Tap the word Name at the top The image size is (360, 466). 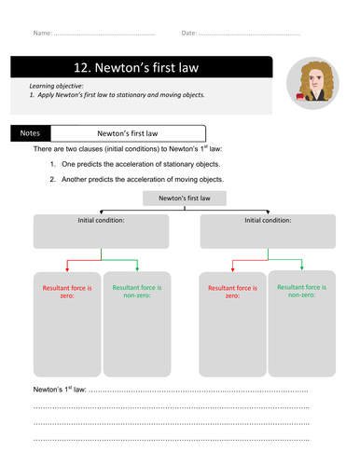click(x=42, y=34)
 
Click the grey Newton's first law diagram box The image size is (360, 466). click(x=179, y=199)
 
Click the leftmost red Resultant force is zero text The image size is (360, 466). click(x=64, y=292)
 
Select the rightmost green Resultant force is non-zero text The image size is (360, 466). click(x=298, y=292)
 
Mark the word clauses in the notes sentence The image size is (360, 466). click(x=100, y=149)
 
